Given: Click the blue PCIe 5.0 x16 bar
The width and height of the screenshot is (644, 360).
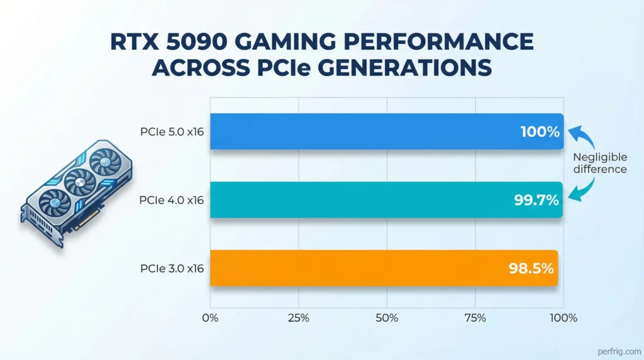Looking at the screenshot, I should [x=377, y=132].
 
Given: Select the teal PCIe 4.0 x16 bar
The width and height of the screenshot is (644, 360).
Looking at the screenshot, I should [x=377, y=200].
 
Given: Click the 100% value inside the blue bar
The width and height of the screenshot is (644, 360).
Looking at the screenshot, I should [x=540, y=132].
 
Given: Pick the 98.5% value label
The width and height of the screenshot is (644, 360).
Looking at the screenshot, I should [x=531, y=268].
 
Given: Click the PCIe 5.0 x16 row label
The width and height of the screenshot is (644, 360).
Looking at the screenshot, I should [x=173, y=132].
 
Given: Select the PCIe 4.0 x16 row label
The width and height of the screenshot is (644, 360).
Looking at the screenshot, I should [x=173, y=200].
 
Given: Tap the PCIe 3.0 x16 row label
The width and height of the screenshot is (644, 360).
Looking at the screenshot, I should [x=173, y=269].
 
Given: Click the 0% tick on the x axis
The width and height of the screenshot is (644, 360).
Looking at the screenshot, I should [x=210, y=318].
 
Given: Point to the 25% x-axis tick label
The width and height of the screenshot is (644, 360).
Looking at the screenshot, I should [x=298, y=318].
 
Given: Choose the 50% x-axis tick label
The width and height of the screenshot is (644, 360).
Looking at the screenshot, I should [x=387, y=318].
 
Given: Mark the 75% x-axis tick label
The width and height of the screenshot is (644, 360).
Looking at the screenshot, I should [x=475, y=318].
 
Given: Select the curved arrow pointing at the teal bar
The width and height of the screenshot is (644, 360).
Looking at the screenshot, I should [x=584, y=189].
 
